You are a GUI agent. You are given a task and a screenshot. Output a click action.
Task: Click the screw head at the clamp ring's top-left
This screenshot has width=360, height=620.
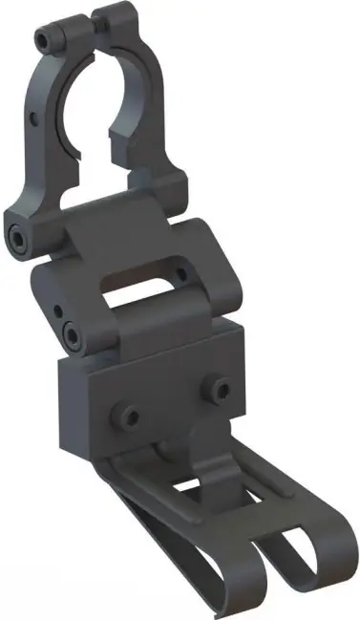point(44,39)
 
